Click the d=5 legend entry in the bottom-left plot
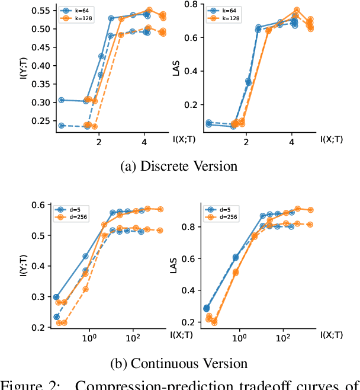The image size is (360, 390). (69, 209)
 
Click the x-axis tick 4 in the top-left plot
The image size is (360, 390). (144, 143)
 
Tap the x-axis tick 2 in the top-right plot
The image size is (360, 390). (247, 143)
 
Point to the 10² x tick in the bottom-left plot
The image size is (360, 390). (133, 338)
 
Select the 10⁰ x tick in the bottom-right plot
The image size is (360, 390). (239, 338)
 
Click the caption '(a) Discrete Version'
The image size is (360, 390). (179, 166)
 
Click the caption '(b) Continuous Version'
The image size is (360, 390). (179, 362)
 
